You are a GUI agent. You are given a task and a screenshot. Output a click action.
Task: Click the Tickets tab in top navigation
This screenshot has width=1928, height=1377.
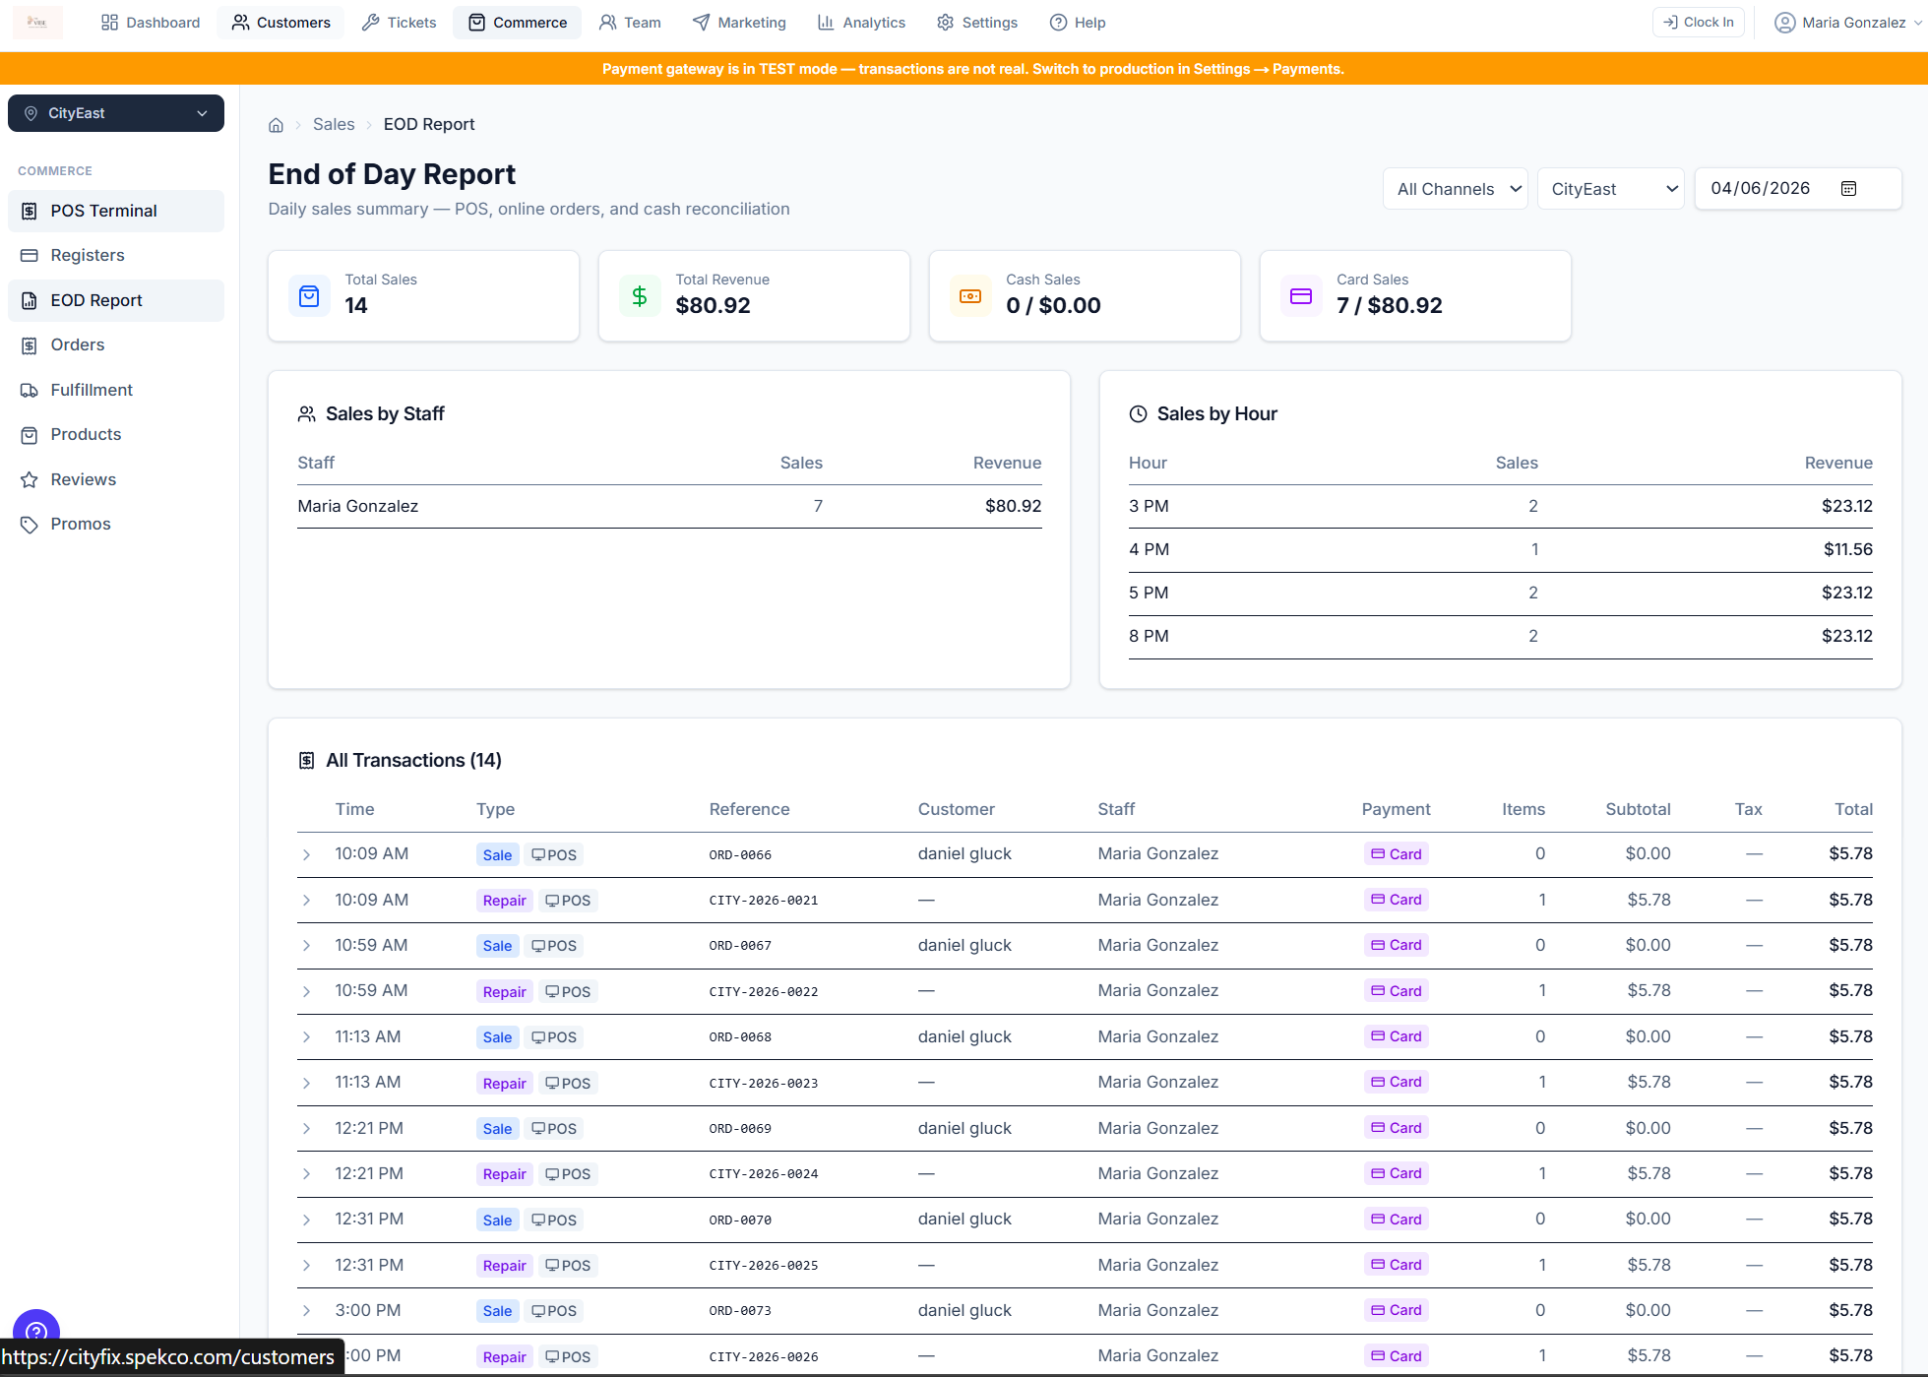click(399, 22)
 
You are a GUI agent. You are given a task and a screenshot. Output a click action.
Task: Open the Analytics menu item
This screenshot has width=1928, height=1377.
click(861, 22)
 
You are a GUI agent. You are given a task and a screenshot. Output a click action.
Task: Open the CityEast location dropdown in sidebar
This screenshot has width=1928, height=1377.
click(116, 113)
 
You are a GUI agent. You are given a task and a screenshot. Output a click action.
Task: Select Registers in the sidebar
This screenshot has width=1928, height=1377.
click(88, 255)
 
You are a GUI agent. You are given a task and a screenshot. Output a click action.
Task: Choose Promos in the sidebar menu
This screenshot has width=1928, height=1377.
click(81, 524)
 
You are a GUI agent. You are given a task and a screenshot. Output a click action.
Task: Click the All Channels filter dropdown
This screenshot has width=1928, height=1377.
click(1455, 189)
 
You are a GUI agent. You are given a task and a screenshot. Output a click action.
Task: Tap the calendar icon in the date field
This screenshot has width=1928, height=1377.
click(1848, 189)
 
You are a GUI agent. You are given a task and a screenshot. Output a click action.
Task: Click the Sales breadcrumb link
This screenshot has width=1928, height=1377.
click(334, 124)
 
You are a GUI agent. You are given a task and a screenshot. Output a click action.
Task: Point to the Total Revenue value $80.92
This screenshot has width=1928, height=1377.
click(713, 305)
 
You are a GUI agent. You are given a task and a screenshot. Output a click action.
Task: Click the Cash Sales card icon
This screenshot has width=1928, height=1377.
click(970, 296)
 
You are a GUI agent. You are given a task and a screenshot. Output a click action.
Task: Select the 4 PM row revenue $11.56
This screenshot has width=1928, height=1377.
click(1847, 549)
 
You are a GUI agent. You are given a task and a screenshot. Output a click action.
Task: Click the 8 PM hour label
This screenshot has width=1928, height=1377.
click(1149, 636)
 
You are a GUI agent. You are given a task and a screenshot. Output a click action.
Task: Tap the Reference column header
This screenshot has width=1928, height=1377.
click(749, 809)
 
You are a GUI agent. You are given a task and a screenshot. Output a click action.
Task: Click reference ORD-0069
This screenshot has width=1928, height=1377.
click(740, 1128)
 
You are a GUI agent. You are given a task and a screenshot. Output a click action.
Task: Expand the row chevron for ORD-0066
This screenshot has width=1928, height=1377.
click(307, 854)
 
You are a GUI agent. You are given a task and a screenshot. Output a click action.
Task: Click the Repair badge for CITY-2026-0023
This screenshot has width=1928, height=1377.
click(504, 1083)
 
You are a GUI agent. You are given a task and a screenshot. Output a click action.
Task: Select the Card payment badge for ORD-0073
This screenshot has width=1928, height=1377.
click(1397, 1310)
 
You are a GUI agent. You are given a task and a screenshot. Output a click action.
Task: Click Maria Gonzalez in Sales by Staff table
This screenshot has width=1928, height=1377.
click(358, 506)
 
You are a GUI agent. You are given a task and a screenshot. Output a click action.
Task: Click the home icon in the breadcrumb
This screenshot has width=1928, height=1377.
click(276, 125)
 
